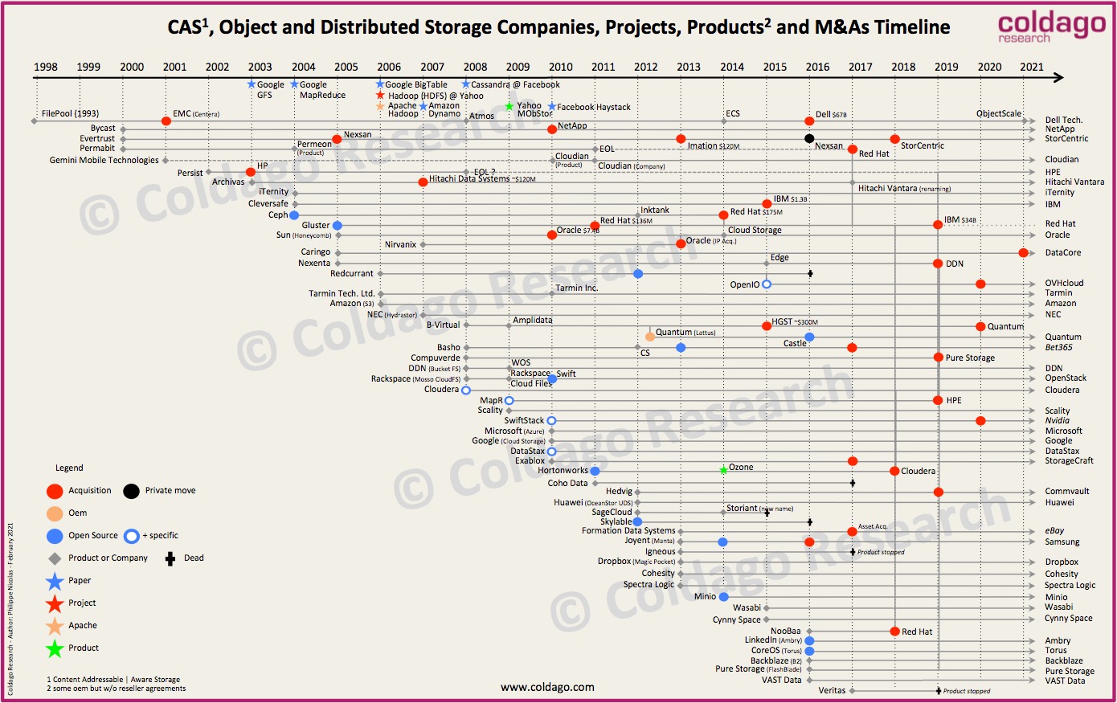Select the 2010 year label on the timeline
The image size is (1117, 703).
click(x=561, y=67)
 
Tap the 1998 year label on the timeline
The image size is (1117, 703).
click(x=46, y=67)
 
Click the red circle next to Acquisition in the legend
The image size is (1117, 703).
click(x=55, y=491)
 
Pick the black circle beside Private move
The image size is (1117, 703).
click(x=131, y=491)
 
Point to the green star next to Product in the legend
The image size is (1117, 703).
click(x=55, y=648)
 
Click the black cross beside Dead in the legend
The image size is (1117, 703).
click(x=170, y=558)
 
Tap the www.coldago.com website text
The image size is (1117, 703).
click(x=547, y=687)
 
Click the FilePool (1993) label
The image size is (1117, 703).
click(x=70, y=113)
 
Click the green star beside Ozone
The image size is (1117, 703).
click(x=723, y=469)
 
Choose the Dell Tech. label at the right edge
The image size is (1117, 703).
click(x=1063, y=120)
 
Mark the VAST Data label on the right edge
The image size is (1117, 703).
click(x=1065, y=681)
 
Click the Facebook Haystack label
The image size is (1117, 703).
click(x=593, y=107)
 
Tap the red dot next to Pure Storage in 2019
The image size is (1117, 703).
click(x=938, y=358)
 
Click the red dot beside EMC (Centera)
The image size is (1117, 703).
click(x=166, y=121)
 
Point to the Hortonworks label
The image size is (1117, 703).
click(x=563, y=471)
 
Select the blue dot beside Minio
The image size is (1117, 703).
click(x=723, y=597)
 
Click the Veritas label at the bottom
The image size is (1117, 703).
click(x=832, y=690)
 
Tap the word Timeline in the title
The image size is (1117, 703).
click(x=912, y=27)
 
